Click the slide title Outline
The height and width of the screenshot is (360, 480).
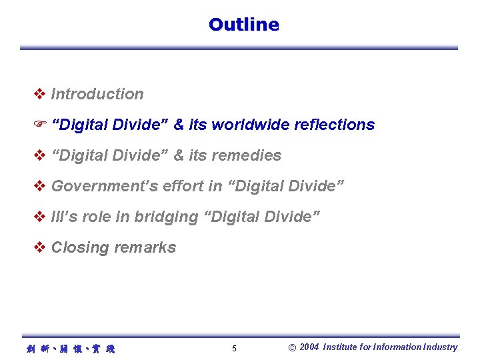point(243,25)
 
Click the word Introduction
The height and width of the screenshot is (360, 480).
point(97,94)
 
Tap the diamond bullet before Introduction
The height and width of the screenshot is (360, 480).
point(39,94)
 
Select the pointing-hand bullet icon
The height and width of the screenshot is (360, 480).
point(39,125)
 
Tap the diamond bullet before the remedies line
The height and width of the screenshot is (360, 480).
point(39,155)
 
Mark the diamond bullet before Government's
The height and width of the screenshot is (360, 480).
point(39,186)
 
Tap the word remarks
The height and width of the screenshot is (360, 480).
point(145,247)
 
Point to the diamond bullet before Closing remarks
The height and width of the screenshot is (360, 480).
point(39,247)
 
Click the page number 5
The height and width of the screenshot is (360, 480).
point(234,349)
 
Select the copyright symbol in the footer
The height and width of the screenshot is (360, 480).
point(292,347)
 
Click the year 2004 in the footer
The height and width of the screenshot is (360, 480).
point(309,347)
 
